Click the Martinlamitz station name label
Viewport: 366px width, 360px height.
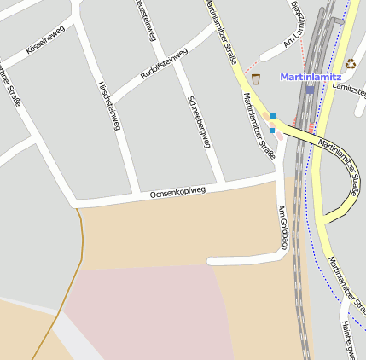pos(311,77)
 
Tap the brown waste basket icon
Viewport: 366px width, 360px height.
pos(256,79)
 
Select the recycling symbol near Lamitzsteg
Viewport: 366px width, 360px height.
pos(351,63)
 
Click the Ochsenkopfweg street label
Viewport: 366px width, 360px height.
pos(178,193)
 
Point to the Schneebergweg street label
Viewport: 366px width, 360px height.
pos(198,121)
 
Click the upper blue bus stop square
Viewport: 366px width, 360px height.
pos(273,116)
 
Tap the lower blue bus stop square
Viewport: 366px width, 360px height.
pos(272,131)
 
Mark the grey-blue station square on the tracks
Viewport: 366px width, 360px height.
pos(310,90)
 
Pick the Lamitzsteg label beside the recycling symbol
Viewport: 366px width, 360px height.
pos(351,87)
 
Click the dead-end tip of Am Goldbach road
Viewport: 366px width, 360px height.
pos(211,260)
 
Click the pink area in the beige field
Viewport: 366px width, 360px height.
pos(145,311)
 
